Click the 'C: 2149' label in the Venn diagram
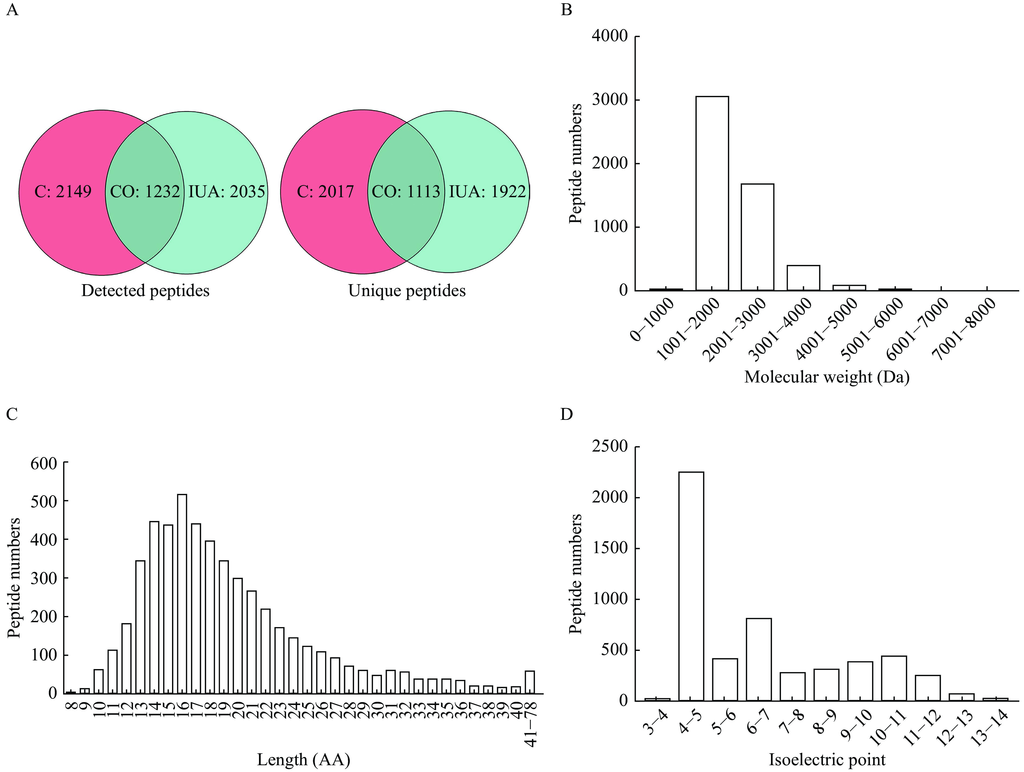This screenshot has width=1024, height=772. pyautogui.click(x=63, y=192)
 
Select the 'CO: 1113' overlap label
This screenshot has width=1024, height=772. pyautogui.click(x=406, y=192)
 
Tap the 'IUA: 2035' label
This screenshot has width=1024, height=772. pyautogui.click(x=226, y=192)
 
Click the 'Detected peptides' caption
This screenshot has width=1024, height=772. pyautogui.click(x=145, y=291)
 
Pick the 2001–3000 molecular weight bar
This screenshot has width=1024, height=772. pyautogui.click(x=758, y=237)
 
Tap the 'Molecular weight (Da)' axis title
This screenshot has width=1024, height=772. pyautogui.click(x=827, y=377)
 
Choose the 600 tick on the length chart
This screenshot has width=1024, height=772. pyautogui.click(x=44, y=463)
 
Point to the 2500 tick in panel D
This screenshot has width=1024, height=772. pyautogui.click(x=610, y=447)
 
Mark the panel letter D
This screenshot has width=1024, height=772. pyautogui.click(x=567, y=414)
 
